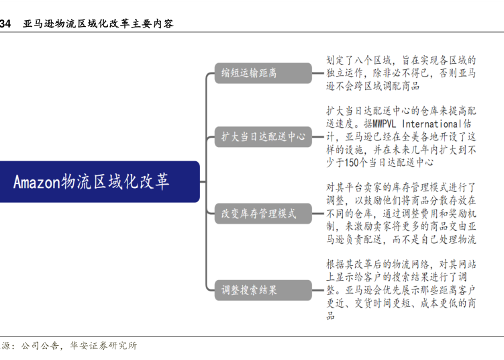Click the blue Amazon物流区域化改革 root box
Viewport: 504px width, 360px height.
click(99, 181)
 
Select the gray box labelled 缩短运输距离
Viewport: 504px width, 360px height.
click(262, 73)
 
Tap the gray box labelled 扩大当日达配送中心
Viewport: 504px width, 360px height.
click(262, 136)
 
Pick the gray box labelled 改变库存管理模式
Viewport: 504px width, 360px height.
click(262, 214)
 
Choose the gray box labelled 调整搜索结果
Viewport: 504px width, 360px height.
click(262, 291)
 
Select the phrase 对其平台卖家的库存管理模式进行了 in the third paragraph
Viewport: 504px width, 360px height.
click(401, 187)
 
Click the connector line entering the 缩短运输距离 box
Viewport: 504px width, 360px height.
click(210, 73)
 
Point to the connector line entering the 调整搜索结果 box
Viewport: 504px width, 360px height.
click(210, 291)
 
